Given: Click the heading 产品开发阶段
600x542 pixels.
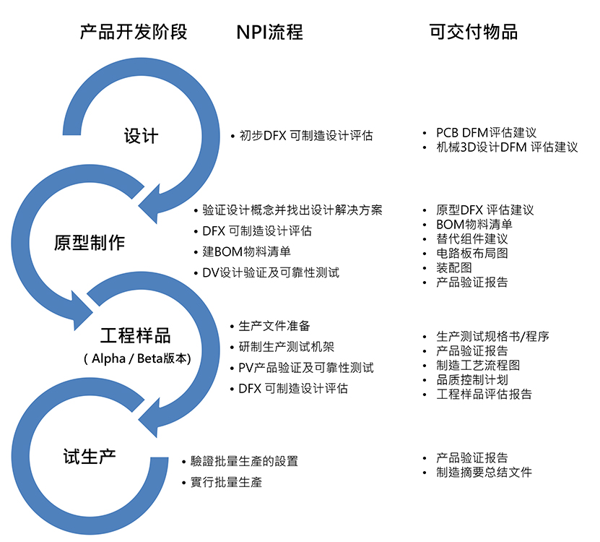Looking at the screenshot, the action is (134, 32).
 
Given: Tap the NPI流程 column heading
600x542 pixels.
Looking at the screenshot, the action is (270, 32).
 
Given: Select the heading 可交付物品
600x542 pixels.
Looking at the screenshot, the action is (474, 32).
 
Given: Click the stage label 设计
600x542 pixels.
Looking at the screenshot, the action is (141, 136).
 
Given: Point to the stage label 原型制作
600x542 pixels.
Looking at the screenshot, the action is (90, 243).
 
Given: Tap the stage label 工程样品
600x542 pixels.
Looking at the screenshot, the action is (136, 335).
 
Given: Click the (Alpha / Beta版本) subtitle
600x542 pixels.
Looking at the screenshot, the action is (137, 358).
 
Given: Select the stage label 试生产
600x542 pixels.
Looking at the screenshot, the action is (90, 457).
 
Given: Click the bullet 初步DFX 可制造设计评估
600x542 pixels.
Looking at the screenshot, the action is (306, 136).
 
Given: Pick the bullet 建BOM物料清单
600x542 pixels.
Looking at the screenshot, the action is (246, 251).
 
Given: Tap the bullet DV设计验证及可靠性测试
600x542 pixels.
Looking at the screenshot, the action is (271, 272).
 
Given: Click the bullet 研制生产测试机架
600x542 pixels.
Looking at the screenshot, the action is (286, 347).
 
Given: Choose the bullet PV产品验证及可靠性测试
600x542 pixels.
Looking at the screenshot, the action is (305, 368).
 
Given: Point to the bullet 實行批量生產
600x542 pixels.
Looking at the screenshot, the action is (226, 482).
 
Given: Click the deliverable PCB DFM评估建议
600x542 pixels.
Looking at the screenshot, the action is (487, 133).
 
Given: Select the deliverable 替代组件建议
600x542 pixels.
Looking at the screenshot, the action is (471, 239).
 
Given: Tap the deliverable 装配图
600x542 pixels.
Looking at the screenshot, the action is (454, 267).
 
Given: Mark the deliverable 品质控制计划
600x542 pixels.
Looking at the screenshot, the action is (471, 380).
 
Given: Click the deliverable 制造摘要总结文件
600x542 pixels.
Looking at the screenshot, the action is (484, 473).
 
